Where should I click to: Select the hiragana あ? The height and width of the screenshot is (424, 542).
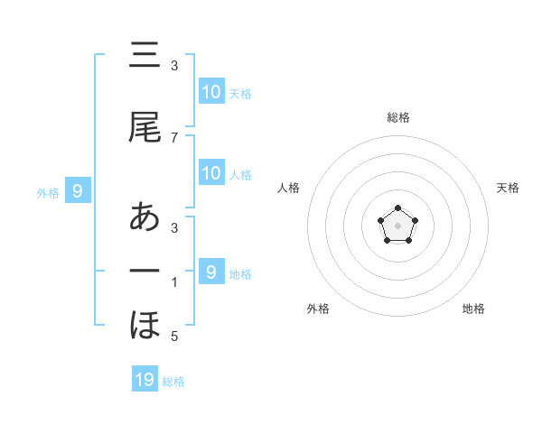click(x=145, y=217)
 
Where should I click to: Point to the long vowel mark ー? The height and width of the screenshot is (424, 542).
click(x=145, y=271)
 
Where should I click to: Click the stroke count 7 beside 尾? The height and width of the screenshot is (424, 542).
click(x=174, y=137)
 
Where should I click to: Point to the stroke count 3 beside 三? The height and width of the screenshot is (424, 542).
click(x=174, y=66)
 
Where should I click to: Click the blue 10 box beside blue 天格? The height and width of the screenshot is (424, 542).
click(x=210, y=92)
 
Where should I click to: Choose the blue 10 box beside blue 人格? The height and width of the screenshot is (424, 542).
click(x=210, y=173)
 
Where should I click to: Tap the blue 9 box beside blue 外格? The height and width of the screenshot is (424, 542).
click(x=78, y=190)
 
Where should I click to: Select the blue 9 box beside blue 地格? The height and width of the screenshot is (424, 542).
click(x=210, y=272)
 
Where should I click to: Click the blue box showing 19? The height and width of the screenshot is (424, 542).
click(x=145, y=380)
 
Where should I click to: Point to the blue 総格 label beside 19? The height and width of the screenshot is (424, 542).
click(x=173, y=382)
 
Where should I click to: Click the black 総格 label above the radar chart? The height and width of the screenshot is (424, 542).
click(x=397, y=117)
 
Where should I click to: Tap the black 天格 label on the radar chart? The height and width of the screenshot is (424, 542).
click(x=508, y=188)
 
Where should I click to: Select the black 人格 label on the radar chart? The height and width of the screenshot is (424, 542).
click(x=288, y=188)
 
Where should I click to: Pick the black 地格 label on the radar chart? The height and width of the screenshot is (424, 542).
click(x=473, y=309)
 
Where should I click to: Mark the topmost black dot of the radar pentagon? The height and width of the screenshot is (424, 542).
click(x=397, y=208)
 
